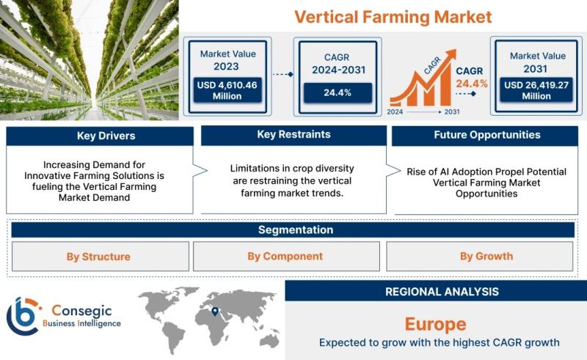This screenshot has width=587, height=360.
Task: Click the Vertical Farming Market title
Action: (x=393, y=17)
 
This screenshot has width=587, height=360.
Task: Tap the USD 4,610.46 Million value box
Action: (x=227, y=90)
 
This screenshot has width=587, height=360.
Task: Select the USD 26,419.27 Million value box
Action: (x=536, y=90)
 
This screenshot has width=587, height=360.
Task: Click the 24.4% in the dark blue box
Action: (x=338, y=93)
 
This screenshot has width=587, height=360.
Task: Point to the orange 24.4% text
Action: (x=472, y=84)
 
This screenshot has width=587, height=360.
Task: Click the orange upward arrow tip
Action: (x=455, y=50)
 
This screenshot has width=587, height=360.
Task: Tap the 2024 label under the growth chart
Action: (x=395, y=112)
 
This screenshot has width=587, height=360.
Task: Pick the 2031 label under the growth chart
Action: (x=452, y=112)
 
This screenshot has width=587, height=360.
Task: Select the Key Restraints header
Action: (x=294, y=135)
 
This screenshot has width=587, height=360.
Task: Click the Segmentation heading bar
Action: (x=293, y=229)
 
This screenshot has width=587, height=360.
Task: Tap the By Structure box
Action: (x=101, y=257)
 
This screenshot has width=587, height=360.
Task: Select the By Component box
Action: (x=286, y=257)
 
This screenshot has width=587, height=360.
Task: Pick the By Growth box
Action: (x=480, y=257)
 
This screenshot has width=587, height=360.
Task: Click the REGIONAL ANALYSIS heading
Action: (x=442, y=292)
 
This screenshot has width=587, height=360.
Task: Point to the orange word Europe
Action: (x=436, y=325)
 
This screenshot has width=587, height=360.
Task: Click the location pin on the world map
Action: (x=215, y=312)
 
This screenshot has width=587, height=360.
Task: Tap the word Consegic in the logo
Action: (x=81, y=311)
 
